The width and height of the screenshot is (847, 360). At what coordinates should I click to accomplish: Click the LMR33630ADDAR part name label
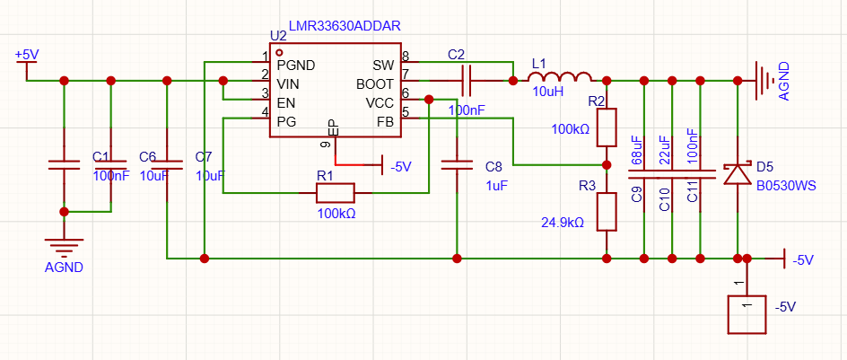[345, 25]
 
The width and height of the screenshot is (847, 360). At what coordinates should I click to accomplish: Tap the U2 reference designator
[278, 36]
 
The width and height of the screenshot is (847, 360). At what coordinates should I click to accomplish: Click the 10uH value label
[547, 92]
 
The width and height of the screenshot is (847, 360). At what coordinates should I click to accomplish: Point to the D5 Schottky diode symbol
[737, 173]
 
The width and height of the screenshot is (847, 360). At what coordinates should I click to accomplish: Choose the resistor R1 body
[335, 192]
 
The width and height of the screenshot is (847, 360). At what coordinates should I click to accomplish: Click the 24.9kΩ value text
[563, 222]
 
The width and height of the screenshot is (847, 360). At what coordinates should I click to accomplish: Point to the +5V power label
[27, 55]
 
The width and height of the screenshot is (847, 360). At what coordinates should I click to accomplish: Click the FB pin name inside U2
[386, 121]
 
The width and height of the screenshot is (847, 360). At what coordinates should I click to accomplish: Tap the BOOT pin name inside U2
[375, 85]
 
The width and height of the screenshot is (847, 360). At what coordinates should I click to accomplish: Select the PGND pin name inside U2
[296, 66]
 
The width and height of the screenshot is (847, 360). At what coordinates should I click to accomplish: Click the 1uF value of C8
[496, 185]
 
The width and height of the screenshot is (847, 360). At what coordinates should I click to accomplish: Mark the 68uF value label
[636, 151]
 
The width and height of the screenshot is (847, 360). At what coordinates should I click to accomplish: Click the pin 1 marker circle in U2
[279, 52]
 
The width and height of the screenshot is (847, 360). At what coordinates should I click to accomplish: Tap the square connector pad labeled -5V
[747, 314]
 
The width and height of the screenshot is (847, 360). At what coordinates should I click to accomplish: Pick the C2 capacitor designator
[456, 55]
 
